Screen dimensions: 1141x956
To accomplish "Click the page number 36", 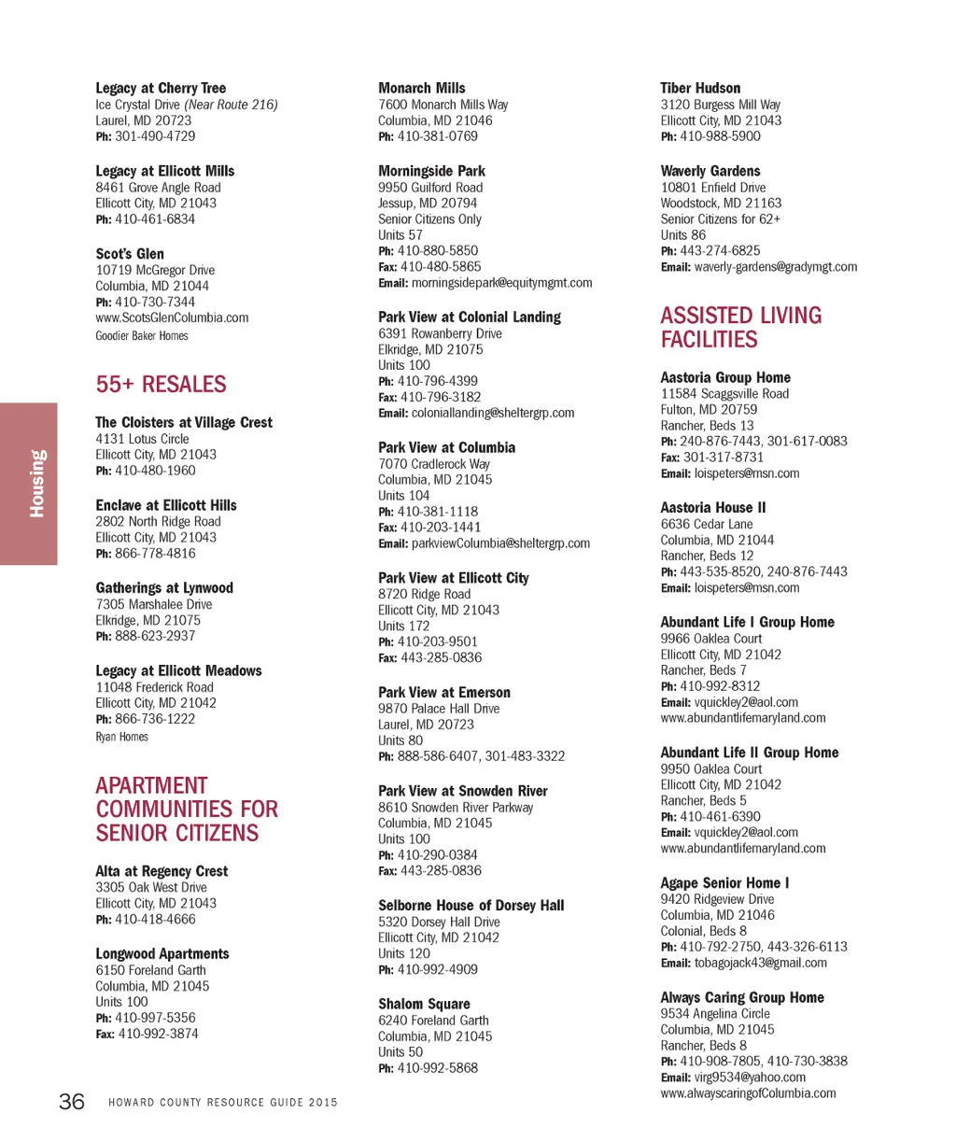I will pos(72,1102).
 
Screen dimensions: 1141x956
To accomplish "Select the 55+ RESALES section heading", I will pos(161,385).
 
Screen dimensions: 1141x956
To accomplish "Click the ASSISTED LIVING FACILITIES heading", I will pos(740,328).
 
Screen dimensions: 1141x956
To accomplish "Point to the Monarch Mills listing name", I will pos(421,88).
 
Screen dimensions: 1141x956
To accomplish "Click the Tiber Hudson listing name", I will pos(700,88).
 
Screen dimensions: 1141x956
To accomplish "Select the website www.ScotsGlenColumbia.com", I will pos(172,317).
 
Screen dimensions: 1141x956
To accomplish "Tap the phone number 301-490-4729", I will pos(155,136).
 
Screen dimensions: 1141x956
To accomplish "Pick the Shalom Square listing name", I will pos(424,1004).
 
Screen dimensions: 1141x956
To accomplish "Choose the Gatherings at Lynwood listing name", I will pos(164,588).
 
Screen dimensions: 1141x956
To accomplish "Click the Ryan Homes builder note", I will pos(121,737).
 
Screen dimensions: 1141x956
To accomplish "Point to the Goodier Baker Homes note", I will pos(141,336).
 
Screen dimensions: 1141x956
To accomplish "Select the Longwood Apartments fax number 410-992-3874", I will pos(158,1034).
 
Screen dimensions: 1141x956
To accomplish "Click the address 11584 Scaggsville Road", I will pos(724,394).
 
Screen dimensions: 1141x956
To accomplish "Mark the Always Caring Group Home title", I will pos(742,997).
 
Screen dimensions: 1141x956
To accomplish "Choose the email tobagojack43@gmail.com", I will pos(760,963).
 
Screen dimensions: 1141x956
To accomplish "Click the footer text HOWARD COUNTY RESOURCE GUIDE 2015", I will pos(223,1103).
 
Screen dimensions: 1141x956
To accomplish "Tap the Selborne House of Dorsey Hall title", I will pos(471,906).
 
